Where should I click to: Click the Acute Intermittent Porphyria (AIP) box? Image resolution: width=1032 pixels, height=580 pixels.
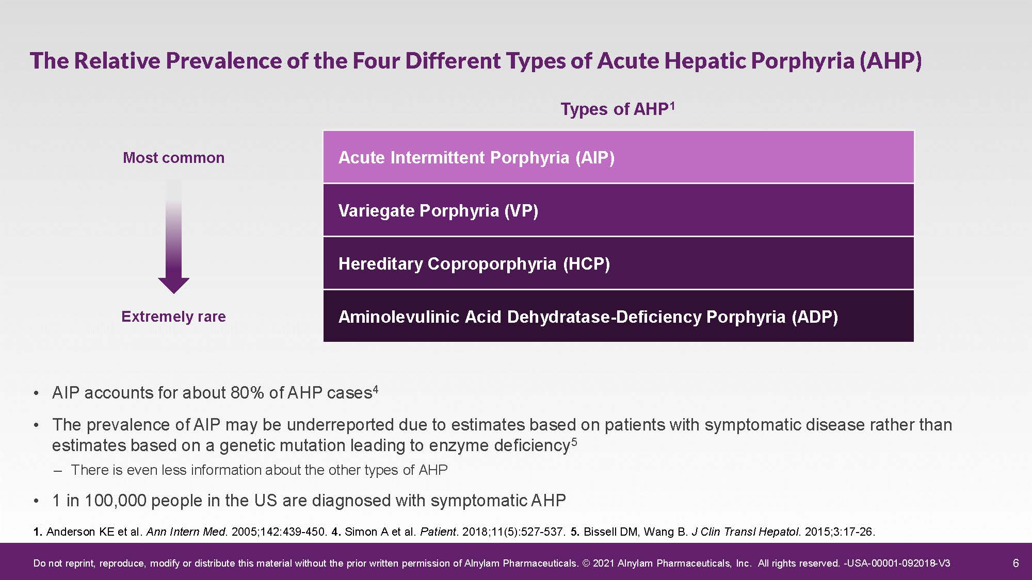[618, 157]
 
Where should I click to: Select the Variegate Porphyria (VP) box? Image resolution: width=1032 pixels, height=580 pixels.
[618, 210]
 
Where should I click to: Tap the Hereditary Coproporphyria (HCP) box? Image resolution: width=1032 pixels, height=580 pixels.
[618, 263]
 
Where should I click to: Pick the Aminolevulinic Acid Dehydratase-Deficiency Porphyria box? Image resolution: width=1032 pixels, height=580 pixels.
[618, 316]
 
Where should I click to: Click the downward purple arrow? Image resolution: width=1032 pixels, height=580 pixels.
[174, 237]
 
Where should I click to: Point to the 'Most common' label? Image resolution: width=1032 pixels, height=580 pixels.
[174, 157]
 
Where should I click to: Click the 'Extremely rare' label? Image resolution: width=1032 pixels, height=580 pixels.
[174, 316]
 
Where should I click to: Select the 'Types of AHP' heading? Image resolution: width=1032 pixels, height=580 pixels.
[618, 109]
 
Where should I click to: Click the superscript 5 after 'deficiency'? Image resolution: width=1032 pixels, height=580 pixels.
[574, 441]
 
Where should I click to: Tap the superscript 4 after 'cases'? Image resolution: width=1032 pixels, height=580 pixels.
[376, 390]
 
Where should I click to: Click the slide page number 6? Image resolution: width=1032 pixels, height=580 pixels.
[1015, 563]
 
